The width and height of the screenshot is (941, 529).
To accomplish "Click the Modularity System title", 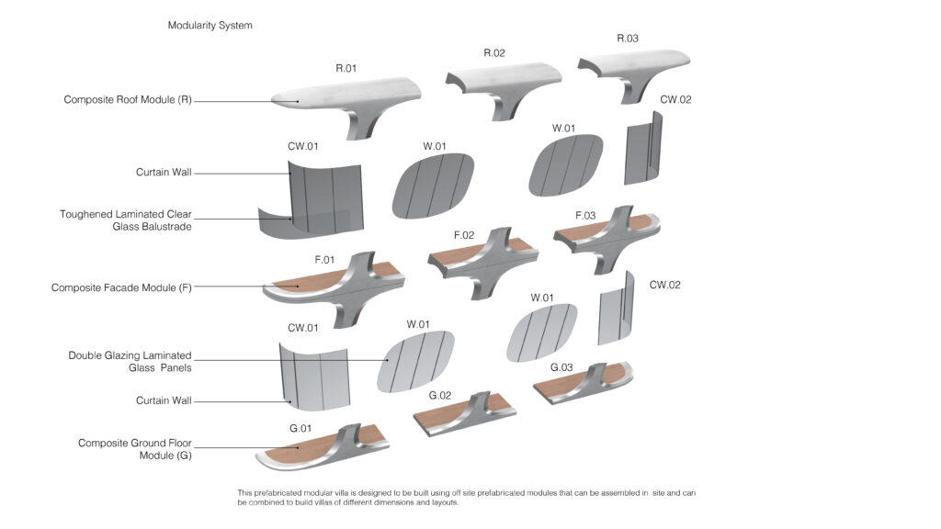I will [x=210, y=26].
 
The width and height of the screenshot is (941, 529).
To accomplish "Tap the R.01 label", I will [x=346, y=68].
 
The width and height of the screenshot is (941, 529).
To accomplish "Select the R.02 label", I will [x=494, y=53].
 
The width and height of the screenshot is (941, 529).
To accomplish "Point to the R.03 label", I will [x=628, y=39].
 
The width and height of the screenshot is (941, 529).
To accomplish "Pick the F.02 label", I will [x=464, y=235].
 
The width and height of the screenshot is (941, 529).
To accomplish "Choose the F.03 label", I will [x=585, y=216].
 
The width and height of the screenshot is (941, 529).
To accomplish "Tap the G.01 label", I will [x=300, y=429].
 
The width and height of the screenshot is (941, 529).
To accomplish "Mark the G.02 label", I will [x=440, y=395].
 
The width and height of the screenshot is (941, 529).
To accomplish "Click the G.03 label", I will [x=561, y=367].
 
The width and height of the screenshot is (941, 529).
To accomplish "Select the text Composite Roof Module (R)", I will [x=128, y=100].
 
